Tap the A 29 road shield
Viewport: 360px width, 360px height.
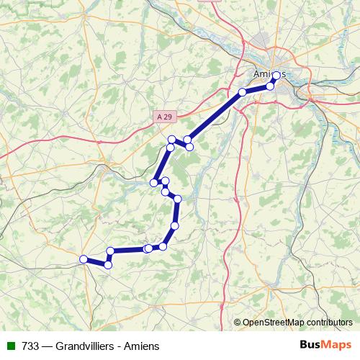click(x=166, y=114)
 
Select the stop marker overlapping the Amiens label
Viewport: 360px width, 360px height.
click(x=276, y=75)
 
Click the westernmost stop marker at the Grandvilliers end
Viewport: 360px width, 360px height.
click(x=84, y=259)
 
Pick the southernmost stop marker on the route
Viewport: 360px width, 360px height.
click(x=108, y=265)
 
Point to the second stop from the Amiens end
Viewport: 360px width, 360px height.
click(x=271, y=86)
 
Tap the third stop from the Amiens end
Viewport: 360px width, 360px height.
click(x=242, y=92)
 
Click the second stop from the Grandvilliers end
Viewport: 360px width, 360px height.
click(x=108, y=265)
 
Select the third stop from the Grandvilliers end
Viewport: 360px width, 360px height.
click(x=111, y=251)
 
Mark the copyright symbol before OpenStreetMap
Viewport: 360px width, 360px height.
click(x=238, y=322)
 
